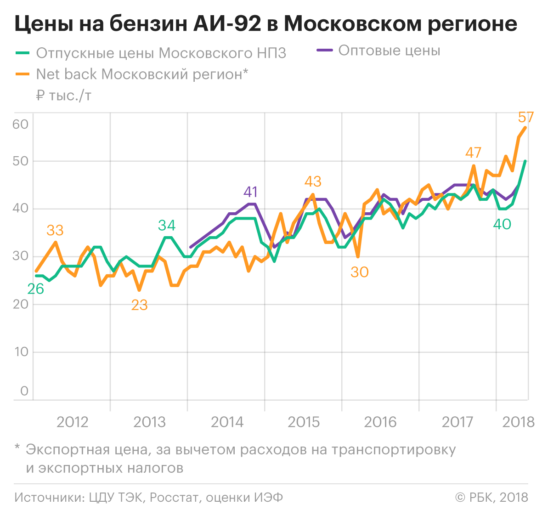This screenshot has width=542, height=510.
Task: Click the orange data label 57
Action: pyautogui.click(x=526, y=118)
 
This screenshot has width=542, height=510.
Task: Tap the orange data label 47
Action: pyautogui.click(x=473, y=153)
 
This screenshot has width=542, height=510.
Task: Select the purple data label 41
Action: pyautogui.click(x=251, y=192)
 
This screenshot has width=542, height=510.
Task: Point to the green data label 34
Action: pyautogui.click(x=167, y=225)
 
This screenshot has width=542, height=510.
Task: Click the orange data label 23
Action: pyautogui.click(x=139, y=305)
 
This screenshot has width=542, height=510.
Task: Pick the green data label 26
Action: pyautogui.click(x=36, y=289)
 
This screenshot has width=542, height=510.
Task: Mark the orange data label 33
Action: pyautogui.click(x=55, y=230)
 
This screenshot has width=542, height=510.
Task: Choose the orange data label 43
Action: pyautogui.click(x=313, y=181)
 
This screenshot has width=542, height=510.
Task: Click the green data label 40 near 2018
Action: pyautogui.click(x=502, y=224)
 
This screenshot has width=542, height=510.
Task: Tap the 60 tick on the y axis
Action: pyautogui.click(x=21, y=124)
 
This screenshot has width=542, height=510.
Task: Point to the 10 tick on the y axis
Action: pyautogui.click(x=21, y=352)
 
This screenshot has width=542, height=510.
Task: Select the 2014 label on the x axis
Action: pyautogui.click(x=227, y=422)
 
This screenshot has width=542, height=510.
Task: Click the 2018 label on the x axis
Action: pyautogui.click(x=519, y=422)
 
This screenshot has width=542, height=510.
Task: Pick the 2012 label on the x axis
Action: pyautogui.click(x=72, y=422)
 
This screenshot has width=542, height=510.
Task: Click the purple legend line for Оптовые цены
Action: pyautogui.click(x=325, y=50)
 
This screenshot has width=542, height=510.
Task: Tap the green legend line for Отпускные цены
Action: pyautogui.click(x=23, y=53)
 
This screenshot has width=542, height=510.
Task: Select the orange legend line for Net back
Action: pyautogui.click(x=23, y=74)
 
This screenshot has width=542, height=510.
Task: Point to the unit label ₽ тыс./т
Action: pyautogui.click(x=64, y=96)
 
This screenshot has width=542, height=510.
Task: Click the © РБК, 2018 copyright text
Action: pyautogui.click(x=491, y=497)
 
